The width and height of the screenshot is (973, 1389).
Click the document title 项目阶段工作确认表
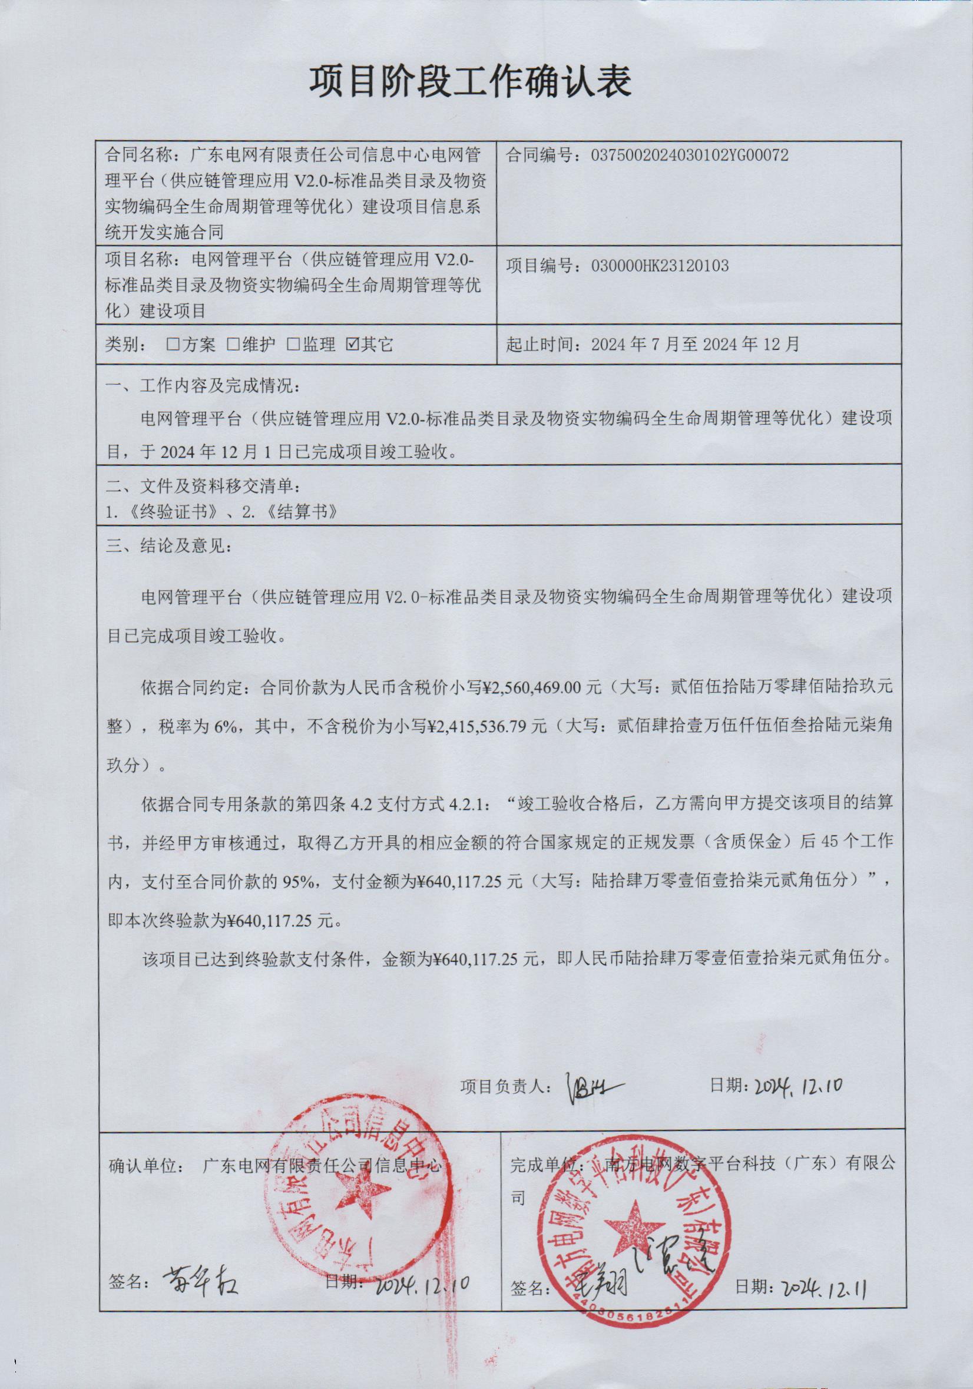click(x=471, y=82)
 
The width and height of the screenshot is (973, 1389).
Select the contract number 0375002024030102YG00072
click(x=689, y=156)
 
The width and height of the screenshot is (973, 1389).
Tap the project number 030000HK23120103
click(x=660, y=266)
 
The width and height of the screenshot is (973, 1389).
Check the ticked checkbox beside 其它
click(x=353, y=344)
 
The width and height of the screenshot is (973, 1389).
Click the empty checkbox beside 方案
click(x=174, y=344)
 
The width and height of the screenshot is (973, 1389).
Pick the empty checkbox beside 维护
click(x=233, y=344)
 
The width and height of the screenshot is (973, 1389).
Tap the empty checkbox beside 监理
click(x=293, y=344)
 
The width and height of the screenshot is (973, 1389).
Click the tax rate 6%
click(x=226, y=725)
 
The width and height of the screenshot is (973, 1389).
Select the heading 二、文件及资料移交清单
click(x=202, y=486)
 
